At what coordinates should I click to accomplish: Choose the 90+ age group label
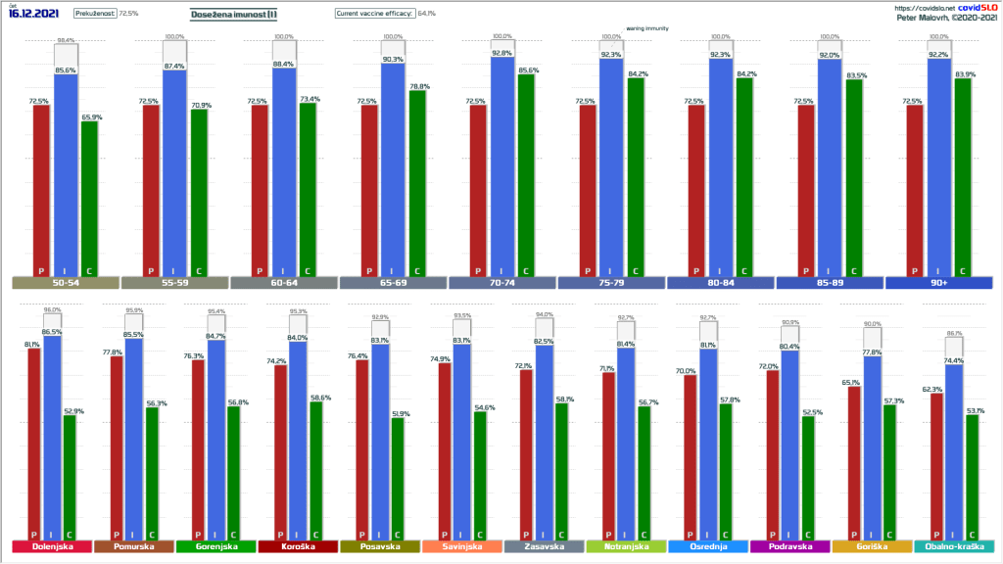(939, 284)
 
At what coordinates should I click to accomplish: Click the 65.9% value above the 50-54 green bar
(90, 117)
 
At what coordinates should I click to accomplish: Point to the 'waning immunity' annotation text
(647, 29)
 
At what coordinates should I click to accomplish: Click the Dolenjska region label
(51, 546)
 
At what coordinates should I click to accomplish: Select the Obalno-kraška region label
(953, 546)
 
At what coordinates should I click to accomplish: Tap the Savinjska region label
(461, 546)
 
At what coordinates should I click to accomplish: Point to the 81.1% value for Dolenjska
(32, 345)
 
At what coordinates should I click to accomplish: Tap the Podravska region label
(789, 546)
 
